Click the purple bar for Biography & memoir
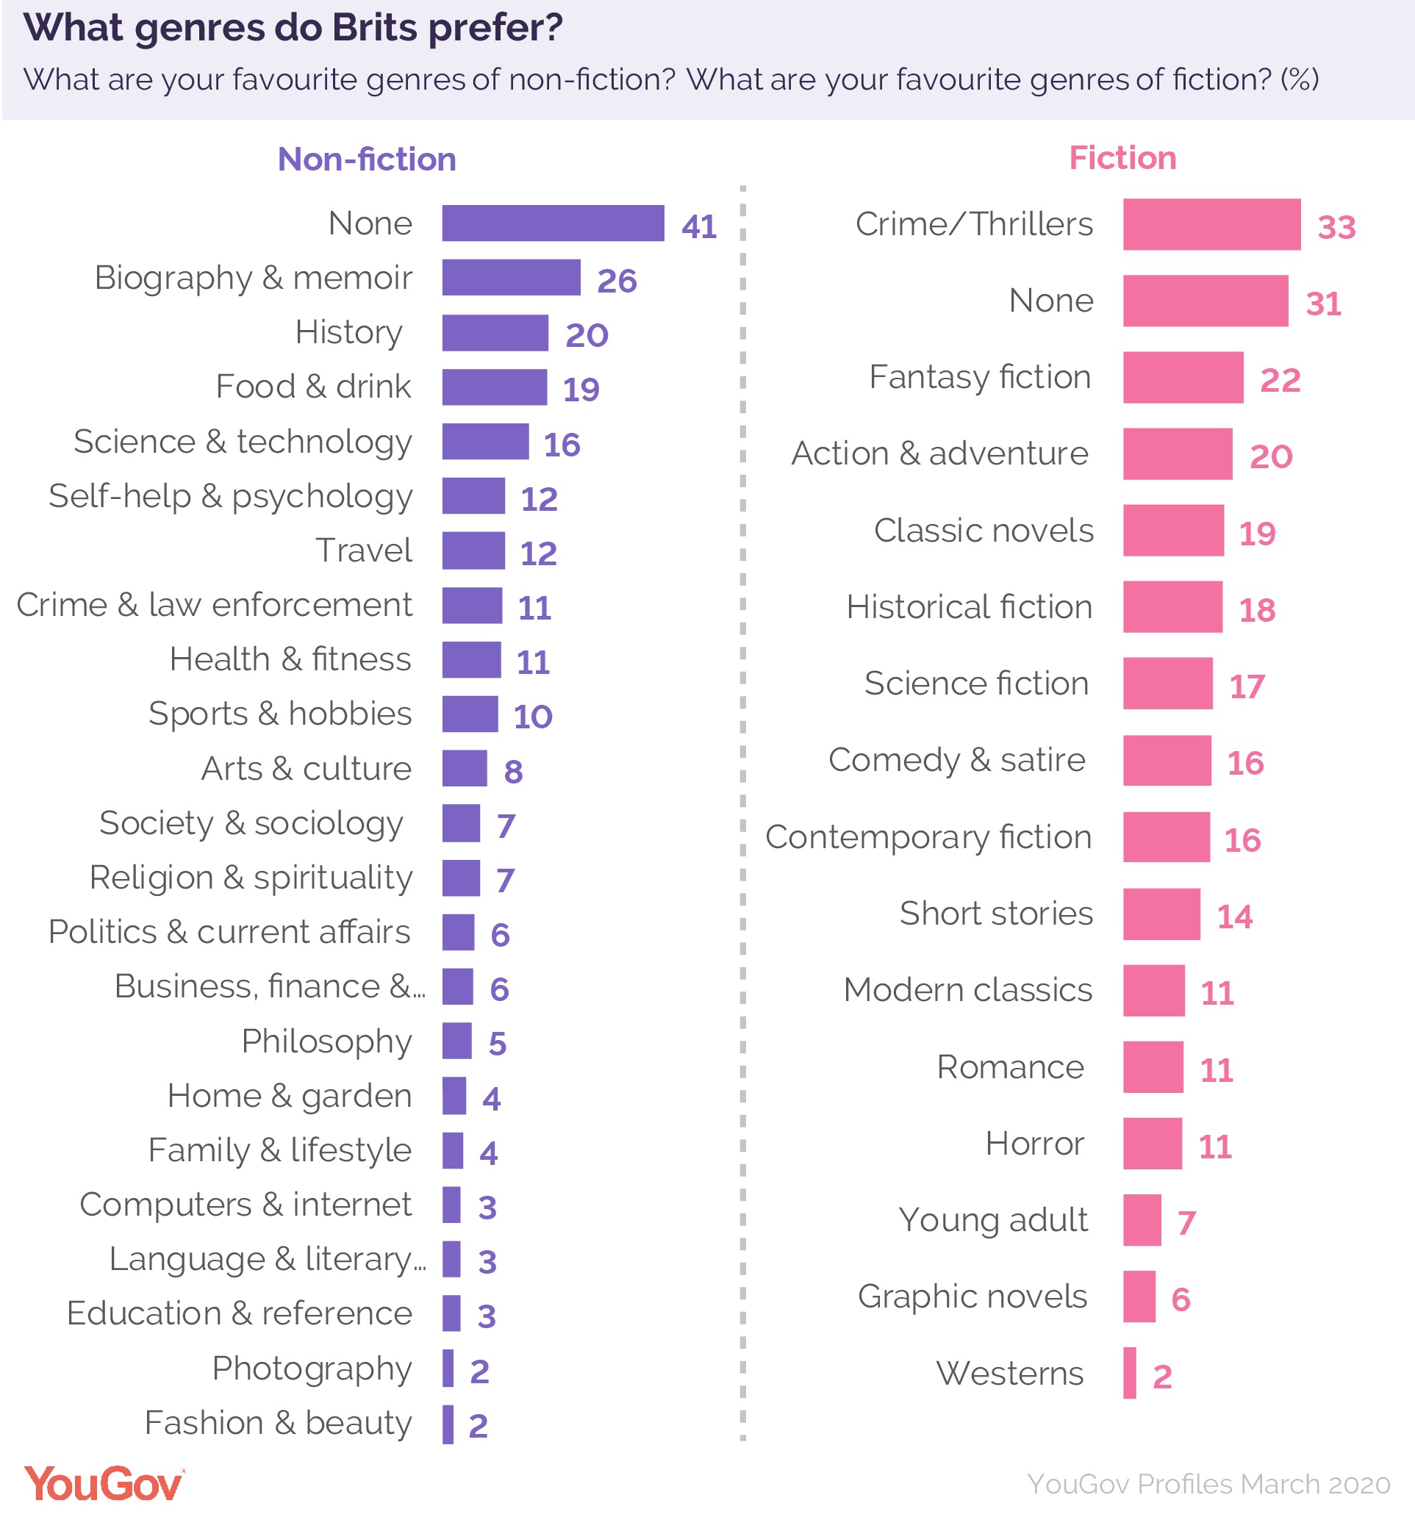[511, 277]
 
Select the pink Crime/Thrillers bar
[1211, 224]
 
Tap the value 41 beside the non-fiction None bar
[698, 226]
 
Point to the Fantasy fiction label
[979, 377]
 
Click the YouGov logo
[104, 1483]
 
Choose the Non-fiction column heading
[366, 159]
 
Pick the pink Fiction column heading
[1122, 158]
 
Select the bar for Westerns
[1129, 1373]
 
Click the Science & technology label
[243, 441]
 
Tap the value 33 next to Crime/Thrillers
[1336, 227]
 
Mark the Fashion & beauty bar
[447, 1424]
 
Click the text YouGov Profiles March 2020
[1208, 1484]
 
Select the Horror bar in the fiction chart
[1152, 1143]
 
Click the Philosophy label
[326, 1041]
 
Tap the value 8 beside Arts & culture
[513, 772]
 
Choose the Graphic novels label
[972, 1296]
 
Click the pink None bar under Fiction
[1204, 301]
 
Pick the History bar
[495, 333]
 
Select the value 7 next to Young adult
[1185, 1222]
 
